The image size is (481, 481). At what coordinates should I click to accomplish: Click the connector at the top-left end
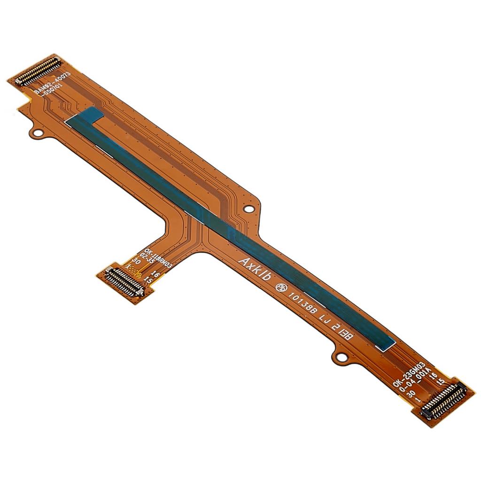tap(39, 71)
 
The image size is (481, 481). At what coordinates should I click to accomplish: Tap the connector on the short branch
tap(124, 282)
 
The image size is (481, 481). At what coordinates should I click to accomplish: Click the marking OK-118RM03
tap(158, 257)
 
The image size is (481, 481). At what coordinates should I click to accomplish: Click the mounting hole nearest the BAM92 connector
tap(37, 133)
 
